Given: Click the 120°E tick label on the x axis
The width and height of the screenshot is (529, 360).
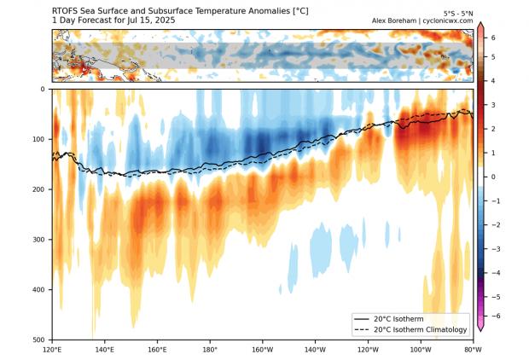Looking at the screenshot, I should point(52,349).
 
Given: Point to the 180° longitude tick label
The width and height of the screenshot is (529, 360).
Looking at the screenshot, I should point(210,349).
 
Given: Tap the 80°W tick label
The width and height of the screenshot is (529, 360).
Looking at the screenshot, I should point(473,349).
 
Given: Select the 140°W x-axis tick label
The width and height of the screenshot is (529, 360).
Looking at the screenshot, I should point(315,349).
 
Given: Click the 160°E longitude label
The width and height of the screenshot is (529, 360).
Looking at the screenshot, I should point(157,349).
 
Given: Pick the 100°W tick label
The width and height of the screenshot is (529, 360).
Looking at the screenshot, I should point(420,349).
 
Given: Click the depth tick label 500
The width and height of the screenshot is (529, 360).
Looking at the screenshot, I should point(40,340).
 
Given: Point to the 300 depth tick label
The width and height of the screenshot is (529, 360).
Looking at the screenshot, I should point(40,240).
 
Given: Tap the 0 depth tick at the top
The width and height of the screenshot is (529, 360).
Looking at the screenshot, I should point(44,89).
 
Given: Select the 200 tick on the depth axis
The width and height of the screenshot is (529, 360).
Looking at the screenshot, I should point(40,189).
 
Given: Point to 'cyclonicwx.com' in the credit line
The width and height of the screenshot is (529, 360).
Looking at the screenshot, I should point(448,20).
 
